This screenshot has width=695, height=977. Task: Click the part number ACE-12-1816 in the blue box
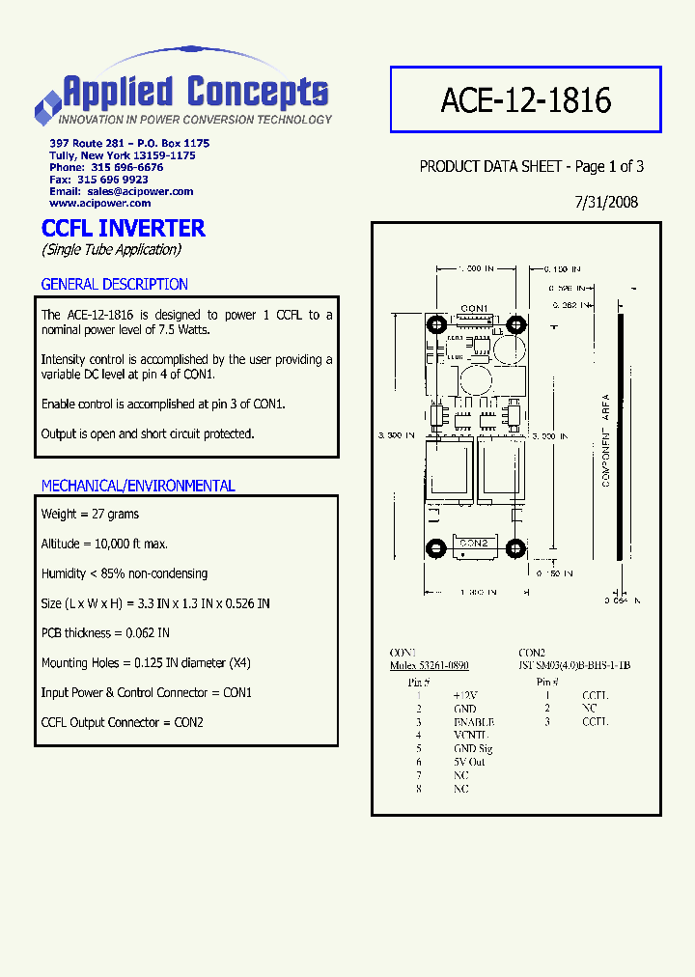tap(525, 99)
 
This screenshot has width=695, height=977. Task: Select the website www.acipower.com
tap(100, 203)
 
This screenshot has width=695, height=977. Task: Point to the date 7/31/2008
tap(606, 203)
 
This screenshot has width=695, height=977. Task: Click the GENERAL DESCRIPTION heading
tap(114, 284)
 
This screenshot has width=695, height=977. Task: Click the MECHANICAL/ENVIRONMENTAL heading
tap(138, 486)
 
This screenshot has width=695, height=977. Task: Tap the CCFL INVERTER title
tap(124, 229)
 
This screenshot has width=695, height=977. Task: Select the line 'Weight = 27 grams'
tap(90, 515)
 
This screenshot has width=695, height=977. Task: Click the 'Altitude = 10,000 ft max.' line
tap(103, 544)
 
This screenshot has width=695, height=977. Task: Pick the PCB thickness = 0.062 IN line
tap(105, 633)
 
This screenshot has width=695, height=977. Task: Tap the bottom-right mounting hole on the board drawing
tap(514, 549)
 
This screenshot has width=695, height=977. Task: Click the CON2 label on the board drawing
tap(474, 544)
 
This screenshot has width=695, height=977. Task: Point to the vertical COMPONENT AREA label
tap(606, 439)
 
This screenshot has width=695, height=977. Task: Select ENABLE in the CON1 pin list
tap(473, 722)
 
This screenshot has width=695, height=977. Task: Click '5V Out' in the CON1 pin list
tap(469, 763)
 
